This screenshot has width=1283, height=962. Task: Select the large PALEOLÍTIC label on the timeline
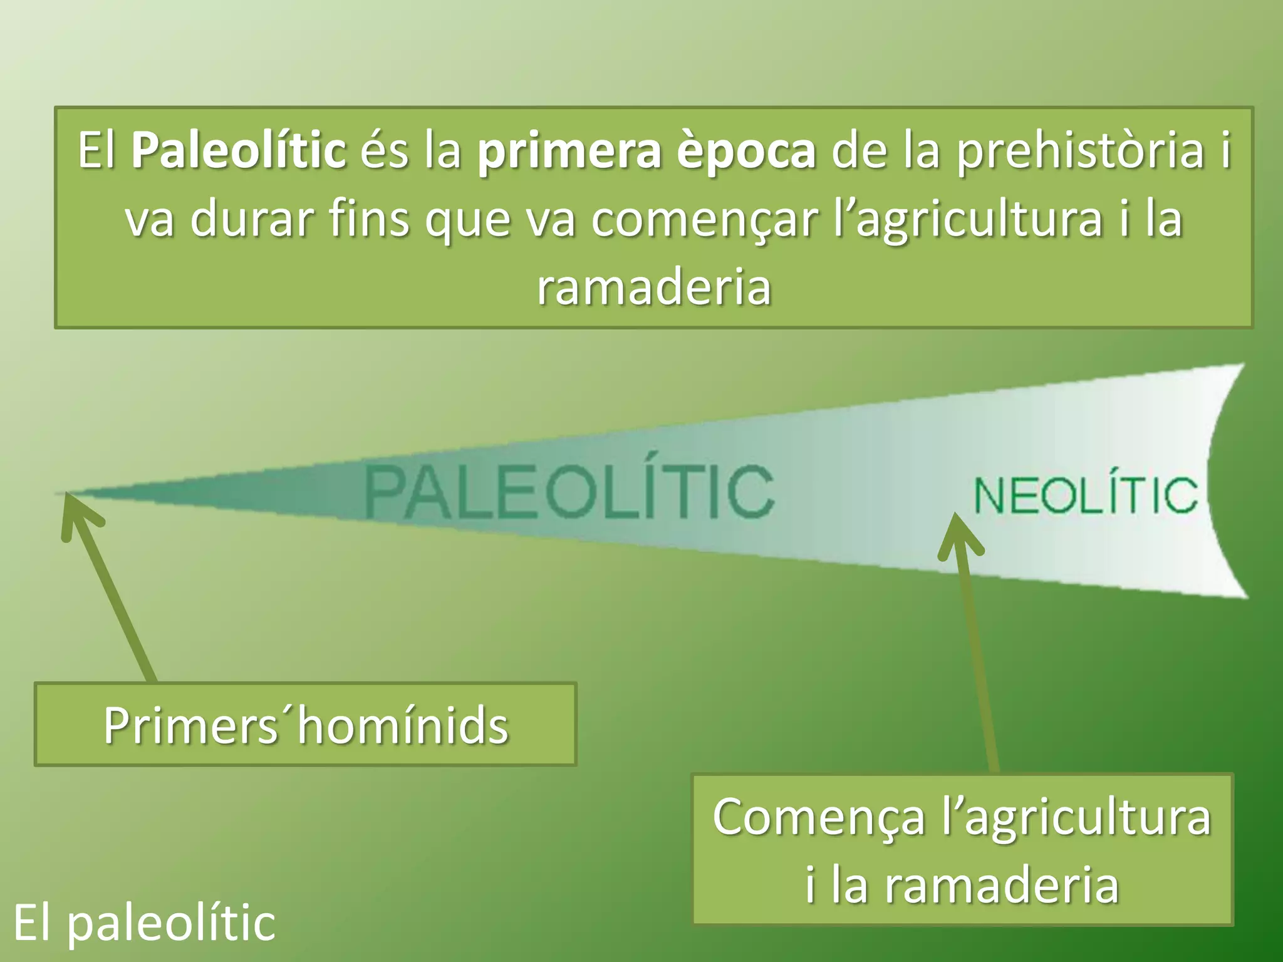[569, 492]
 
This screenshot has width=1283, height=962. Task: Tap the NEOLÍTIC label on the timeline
[1086, 495]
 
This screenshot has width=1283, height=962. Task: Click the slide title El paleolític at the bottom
[144, 923]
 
